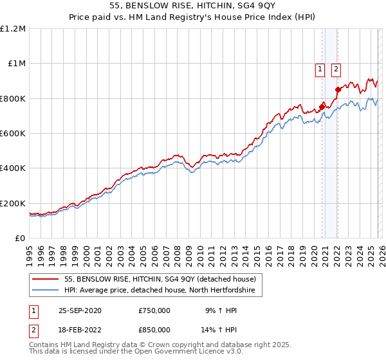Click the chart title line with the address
[192, 5]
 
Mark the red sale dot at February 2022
[338, 89]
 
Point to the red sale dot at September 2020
[322, 107]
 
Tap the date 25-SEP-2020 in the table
[81, 310]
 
